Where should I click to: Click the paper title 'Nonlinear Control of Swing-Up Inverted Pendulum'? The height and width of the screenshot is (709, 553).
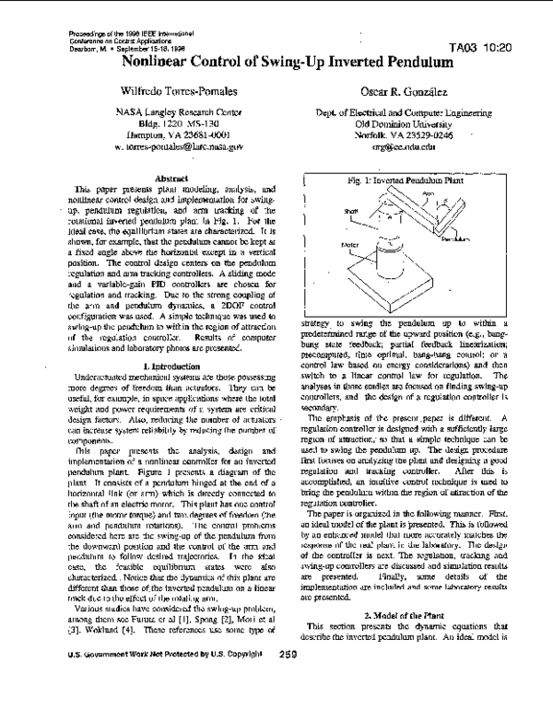click(287, 64)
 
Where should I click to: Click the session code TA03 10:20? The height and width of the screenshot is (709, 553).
click(483, 47)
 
